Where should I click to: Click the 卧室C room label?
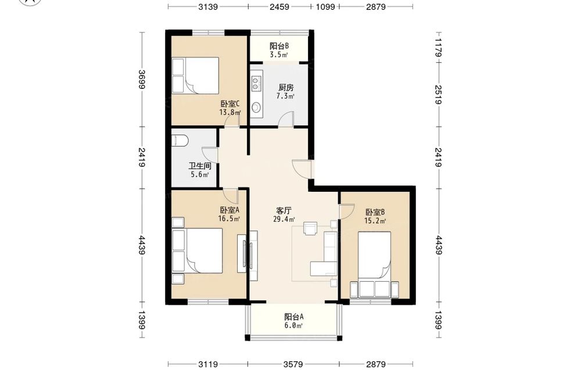tap(230, 104)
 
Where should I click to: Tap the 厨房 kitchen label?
tap(286, 88)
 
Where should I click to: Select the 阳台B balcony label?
tap(279, 46)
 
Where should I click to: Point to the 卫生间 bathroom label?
tap(200, 166)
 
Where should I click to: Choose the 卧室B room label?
tap(375, 212)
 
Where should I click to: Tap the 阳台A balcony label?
tap(294, 317)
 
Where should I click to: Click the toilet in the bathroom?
tap(180, 141)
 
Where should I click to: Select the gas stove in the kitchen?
tap(256, 83)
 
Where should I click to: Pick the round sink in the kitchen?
tap(256, 107)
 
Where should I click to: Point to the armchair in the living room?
tap(310, 228)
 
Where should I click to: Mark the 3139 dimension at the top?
tap(208, 6)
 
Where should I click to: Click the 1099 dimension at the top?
tap(325, 6)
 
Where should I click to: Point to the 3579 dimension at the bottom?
tap(293, 364)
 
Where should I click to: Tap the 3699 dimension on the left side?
tap(141, 80)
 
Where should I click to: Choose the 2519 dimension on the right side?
tap(438, 95)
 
